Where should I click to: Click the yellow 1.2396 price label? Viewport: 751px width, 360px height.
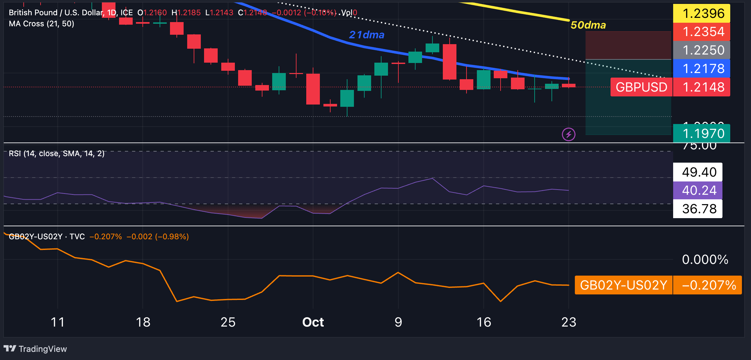click(x=701, y=13)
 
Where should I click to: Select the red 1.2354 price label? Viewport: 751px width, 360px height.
click(x=701, y=32)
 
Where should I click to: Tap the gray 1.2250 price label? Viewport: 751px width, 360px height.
click(x=701, y=50)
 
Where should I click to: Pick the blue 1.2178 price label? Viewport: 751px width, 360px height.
click(x=701, y=68)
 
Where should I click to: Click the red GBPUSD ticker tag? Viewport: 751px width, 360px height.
click(x=641, y=87)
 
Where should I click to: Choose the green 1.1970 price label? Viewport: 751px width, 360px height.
click(x=701, y=133)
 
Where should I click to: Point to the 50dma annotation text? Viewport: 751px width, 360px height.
click(x=588, y=25)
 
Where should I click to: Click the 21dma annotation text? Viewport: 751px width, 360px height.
click(x=367, y=35)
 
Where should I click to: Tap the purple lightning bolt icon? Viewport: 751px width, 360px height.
click(x=568, y=134)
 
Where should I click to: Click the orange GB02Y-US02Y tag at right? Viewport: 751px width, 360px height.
click(x=623, y=285)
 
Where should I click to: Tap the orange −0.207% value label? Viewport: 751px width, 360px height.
click(x=708, y=285)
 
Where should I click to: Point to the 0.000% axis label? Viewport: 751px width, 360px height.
click(x=705, y=260)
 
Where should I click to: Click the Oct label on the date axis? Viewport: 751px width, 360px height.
click(x=313, y=322)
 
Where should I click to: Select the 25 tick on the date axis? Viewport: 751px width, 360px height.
click(x=228, y=322)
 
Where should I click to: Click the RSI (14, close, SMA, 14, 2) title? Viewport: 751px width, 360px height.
click(x=57, y=154)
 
